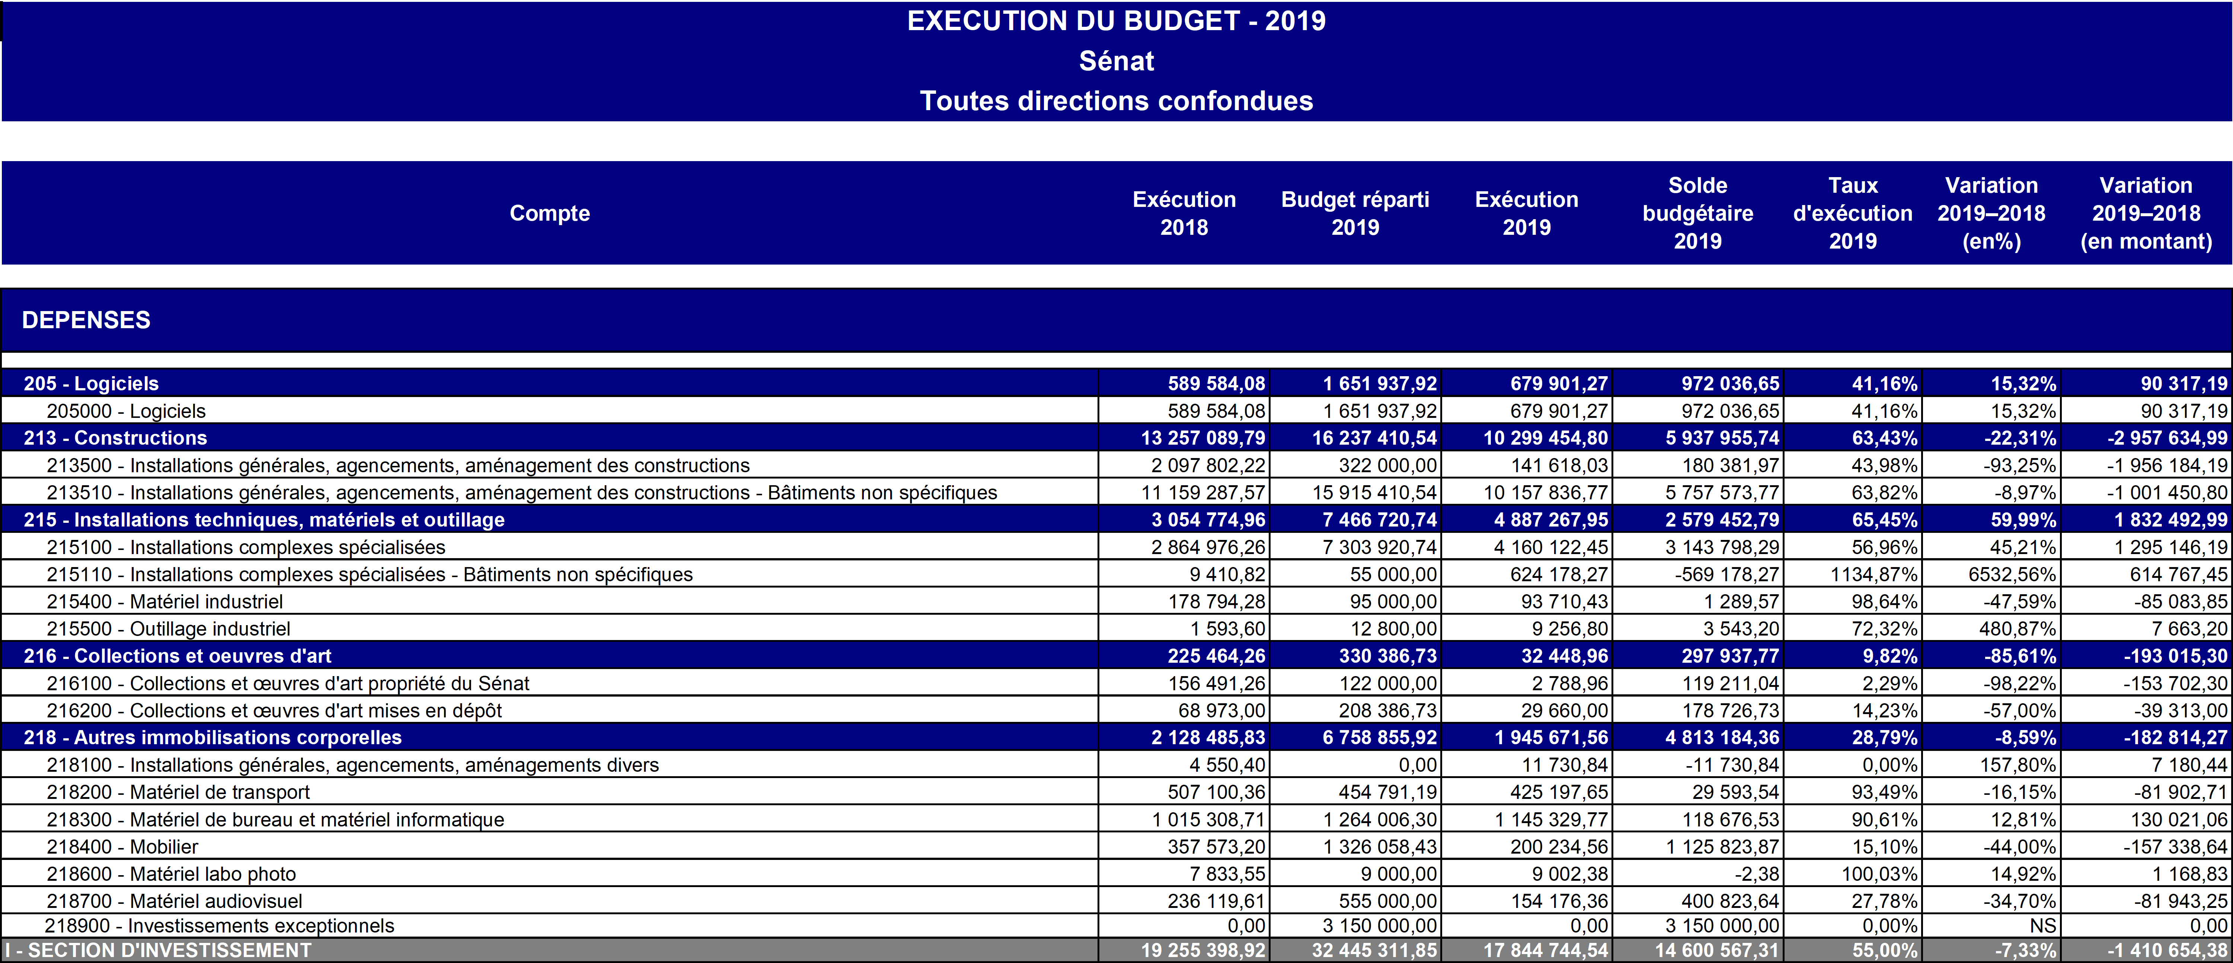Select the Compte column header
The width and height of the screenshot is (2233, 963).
[550, 213]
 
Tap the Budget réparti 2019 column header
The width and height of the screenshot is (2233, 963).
[1355, 213]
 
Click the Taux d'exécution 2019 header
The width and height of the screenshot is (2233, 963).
[1852, 213]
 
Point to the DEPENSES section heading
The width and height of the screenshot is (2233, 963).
[86, 320]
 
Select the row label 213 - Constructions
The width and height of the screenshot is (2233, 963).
[115, 438]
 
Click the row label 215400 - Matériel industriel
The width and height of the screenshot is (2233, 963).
[165, 602]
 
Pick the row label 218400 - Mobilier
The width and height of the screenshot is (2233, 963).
[122, 847]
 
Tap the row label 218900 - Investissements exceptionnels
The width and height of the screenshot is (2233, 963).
[219, 926]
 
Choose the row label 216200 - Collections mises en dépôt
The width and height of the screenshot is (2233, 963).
[274, 711]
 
